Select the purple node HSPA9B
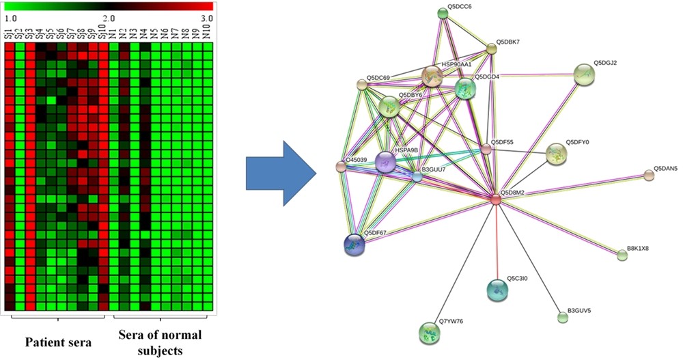point(386,163)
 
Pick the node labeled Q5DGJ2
point(584,74)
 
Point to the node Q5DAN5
point(649,176)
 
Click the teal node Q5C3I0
point(499,290)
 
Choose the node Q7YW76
point(429,333)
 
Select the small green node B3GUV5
point(563,317)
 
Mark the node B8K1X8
point(622,255)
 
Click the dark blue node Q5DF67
point(354,244)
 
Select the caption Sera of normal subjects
point(161,341)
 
